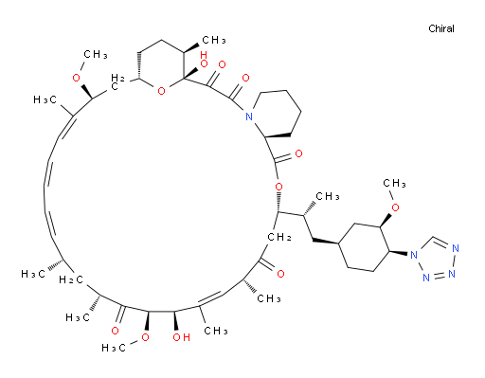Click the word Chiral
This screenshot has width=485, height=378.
(x=441, y=28)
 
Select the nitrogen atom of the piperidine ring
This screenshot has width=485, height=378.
(x=249, y=117)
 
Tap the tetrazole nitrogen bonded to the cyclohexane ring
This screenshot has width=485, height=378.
(x=414, y=254)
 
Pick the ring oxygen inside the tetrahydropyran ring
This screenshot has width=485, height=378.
(x=161, y=92)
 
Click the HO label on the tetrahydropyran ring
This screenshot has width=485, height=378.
(x=204, y=60)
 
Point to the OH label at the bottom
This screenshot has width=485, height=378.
(x=181, y=337)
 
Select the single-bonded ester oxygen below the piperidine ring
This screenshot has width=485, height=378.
(x=278, y=187)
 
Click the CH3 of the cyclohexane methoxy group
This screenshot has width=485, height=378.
(x=394, y=183)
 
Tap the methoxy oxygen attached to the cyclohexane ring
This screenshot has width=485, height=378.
(x=395, y=207)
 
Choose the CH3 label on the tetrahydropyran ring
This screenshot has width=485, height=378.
(x=214, y=40)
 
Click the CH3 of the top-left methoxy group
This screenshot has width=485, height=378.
(x=96, y=55)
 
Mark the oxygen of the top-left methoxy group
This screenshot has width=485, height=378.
(x=77, y=78)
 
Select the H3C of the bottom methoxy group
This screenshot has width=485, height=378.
(x=114, y=348)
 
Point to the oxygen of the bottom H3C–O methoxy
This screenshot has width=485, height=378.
(x=145, y=337)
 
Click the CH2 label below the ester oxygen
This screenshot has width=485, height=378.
(x=279, y=237)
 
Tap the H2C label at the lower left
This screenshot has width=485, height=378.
(x=71, y=279)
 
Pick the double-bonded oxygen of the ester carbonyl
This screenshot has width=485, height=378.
(x=298, y=153)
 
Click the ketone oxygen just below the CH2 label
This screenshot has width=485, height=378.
(x=280, y=274)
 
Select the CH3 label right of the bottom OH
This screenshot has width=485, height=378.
(x=216, y=331)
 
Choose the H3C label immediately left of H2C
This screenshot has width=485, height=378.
(x=33, y=274)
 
